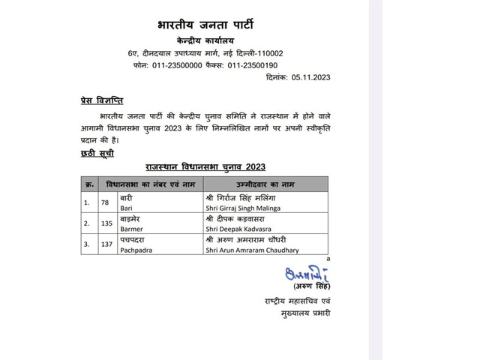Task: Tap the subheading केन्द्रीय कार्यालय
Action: pos(204,39)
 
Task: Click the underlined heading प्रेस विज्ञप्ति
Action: pos(102,100)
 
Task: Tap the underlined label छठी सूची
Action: pos(97,153)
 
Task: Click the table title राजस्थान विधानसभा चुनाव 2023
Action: pos(205,166)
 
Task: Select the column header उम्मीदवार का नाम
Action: pos(266,184)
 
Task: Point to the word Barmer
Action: pos(131,229)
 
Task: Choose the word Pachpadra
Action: pos(136,250)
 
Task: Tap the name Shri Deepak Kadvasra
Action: pos(239,229)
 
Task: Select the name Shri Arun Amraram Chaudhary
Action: pos(251,250)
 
